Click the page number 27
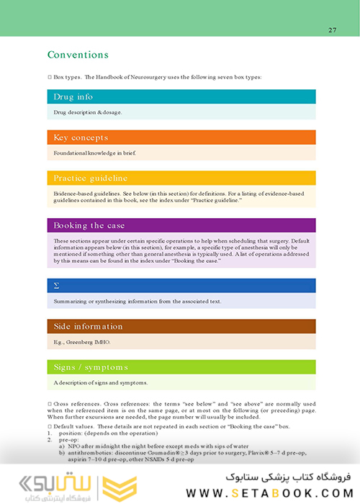(332, 30)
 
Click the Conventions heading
(78, 55)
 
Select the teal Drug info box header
(73, 96)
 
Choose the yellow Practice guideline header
(90, 178)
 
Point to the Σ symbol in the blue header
(57, 286)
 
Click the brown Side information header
(88, 326)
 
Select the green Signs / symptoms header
(91, 367)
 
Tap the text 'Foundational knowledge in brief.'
(95, 153)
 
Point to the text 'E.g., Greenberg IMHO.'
(84, 342)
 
